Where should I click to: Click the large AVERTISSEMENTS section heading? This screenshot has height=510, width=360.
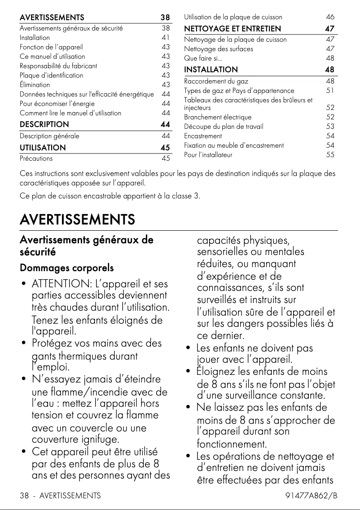point(77,220)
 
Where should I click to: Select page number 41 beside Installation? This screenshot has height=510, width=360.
point(166,37)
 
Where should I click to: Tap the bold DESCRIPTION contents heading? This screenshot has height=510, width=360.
point(44,124)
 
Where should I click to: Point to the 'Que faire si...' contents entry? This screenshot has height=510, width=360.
point(203,58)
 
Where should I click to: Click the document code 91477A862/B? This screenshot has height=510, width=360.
point(311,496)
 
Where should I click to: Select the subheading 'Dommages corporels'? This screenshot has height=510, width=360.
point(67,268)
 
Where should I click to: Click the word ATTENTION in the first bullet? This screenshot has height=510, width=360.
point(60,284)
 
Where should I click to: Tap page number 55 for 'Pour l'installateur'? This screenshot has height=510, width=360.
point(330,155)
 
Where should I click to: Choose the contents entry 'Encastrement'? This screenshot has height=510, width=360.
point(203,136)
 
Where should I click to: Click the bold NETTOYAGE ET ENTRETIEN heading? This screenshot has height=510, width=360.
point(233,29)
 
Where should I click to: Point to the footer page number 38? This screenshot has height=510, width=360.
point(24,496)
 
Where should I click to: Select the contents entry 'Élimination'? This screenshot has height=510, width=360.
point(35,84)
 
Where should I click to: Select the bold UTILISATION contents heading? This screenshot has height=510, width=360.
point(43,148)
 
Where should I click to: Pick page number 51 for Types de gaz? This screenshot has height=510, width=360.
point(330,91)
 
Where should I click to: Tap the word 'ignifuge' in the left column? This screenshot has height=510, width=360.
point(97,439)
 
